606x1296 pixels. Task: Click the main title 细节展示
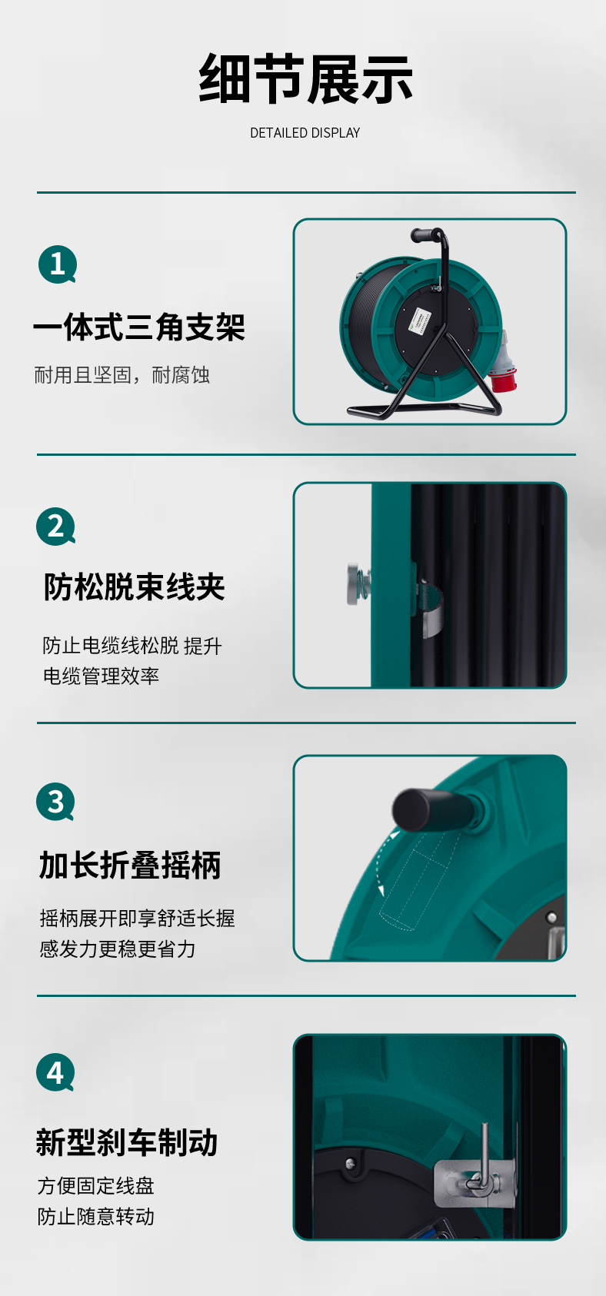(305, 78)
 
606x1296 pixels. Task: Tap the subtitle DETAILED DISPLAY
(305, 133)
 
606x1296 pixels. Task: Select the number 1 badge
(58, 264)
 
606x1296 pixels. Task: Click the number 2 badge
(55, 526)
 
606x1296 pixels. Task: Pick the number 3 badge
(55, 801)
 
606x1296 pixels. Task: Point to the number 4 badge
(55, 1072)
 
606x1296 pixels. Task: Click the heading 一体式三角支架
(139, 327)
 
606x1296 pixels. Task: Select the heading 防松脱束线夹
(135, 587)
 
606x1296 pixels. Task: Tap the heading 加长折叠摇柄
(130, 866)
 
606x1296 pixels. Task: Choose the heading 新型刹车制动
(127, 1142)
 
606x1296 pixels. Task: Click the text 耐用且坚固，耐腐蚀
(122, 375)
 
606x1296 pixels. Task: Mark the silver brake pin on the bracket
(483, 1159)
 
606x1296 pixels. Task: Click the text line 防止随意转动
(96, 1216)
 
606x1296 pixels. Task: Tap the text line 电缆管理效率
(102, 676)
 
